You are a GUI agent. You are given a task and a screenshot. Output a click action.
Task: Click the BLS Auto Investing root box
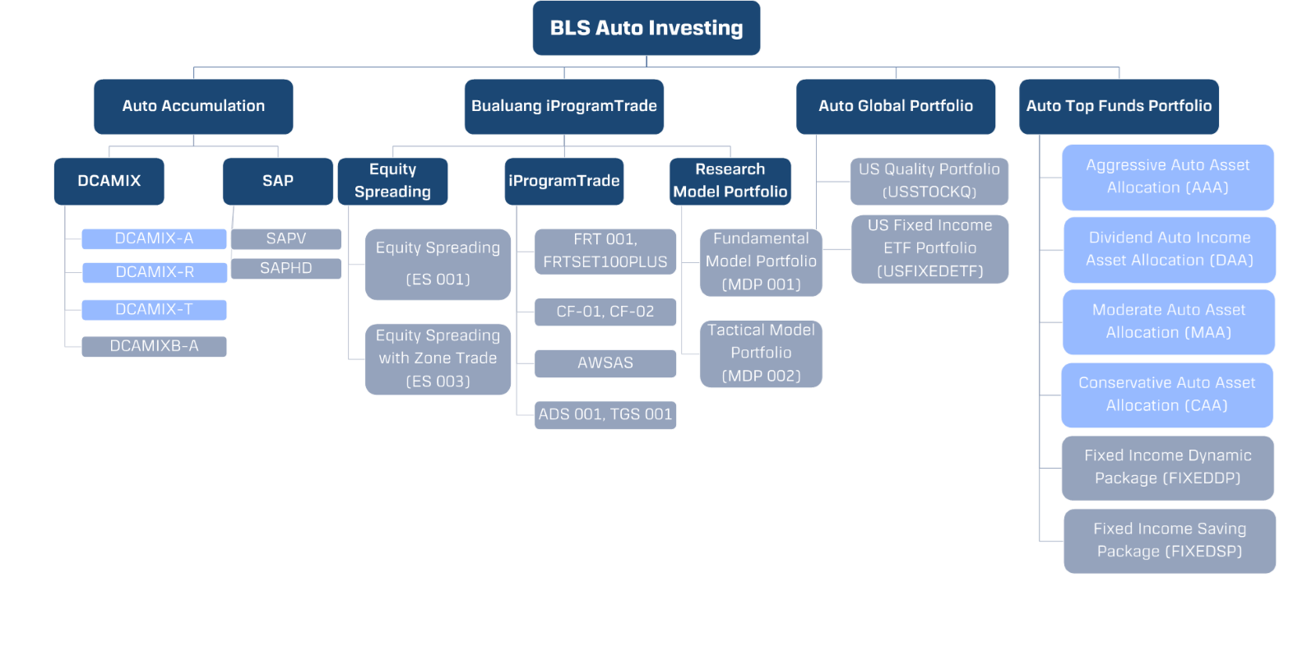(x=646, y=28)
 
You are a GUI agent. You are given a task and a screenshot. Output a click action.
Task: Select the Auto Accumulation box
(x=193, y=106)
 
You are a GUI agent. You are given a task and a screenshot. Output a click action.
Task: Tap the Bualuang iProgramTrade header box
(x=564, y=106)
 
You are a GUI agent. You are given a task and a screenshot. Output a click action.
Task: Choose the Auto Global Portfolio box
(x=896, y=106)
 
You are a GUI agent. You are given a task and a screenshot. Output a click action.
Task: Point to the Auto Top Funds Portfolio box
(x=1119, y=106)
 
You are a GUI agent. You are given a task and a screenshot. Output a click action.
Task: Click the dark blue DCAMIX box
(x=109, y=181)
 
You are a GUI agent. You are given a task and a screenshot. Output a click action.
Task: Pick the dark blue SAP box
(x=278, y=181)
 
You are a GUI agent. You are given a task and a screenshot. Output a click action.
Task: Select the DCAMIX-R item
(x=155, y=272)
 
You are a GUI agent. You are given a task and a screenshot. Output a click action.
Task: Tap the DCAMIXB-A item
(x=155, y=346)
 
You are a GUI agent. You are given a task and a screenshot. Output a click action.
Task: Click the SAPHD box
(x=286, y=268)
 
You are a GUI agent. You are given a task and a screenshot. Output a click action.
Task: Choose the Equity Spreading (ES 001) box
(x=438, y=264)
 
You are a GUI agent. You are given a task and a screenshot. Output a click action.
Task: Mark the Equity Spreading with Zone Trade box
(x=438, y=358)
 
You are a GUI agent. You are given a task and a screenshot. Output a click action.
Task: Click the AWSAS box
(x=605, y=363)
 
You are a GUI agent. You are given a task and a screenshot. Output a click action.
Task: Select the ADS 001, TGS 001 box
(x=605, y=414)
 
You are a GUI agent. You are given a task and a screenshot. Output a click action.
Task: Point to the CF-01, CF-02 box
(x=605, y=312)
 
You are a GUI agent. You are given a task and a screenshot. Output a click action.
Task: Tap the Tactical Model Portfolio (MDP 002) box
(x=761, y=353)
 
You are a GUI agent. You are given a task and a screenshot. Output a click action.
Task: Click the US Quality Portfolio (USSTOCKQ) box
(x=929, y=181)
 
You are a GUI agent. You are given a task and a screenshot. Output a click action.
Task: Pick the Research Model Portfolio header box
(x=730, y=181)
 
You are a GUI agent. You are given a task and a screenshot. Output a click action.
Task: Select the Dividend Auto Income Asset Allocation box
(x=1169, y=249)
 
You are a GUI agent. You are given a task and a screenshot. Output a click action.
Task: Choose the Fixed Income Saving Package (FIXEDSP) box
(x=1169, y=540)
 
